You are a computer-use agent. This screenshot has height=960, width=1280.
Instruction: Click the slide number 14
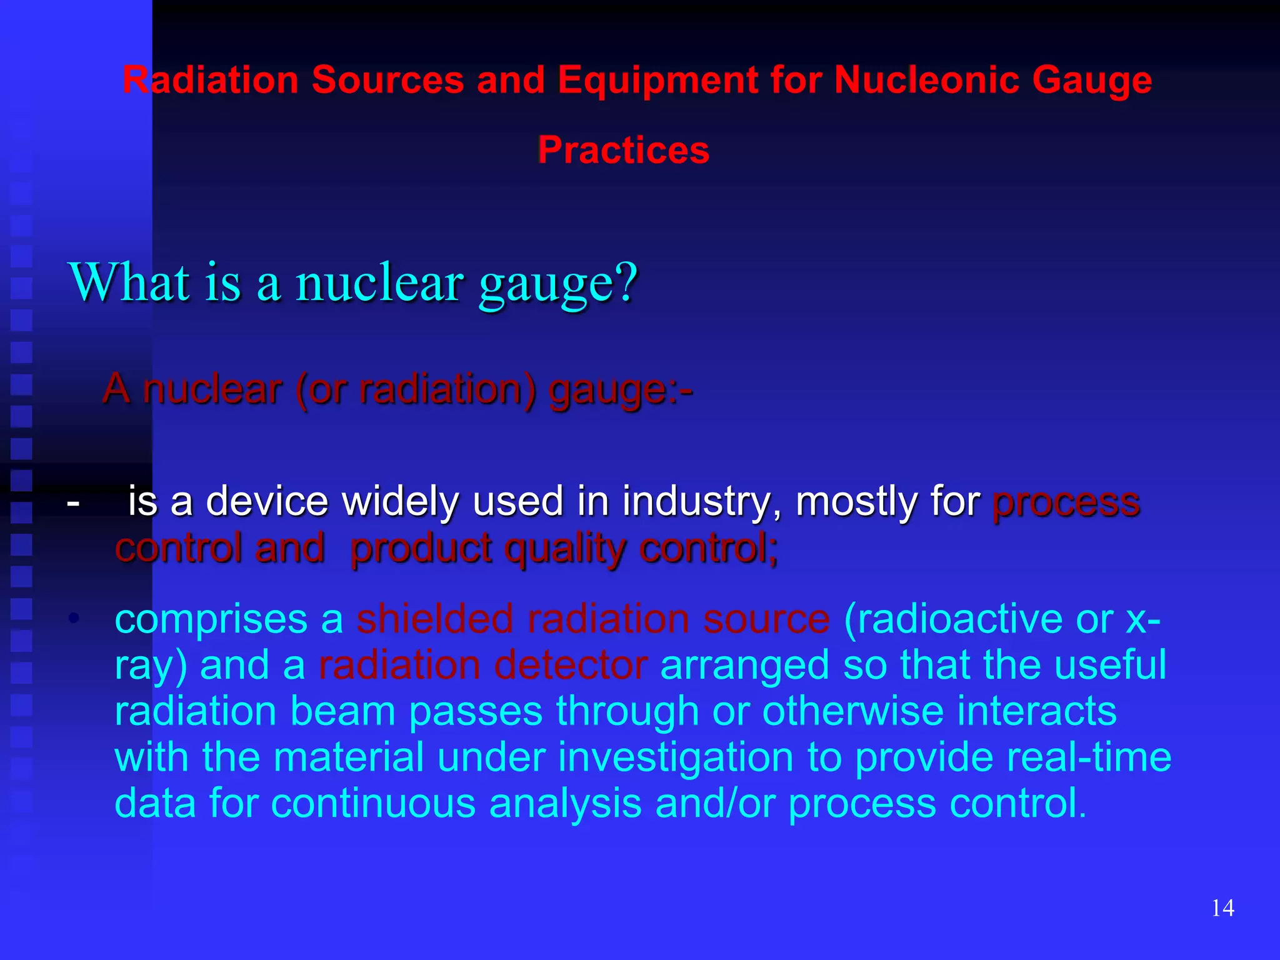(x=1222, y=907)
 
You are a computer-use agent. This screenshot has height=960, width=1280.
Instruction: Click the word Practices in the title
(x=623, y=151)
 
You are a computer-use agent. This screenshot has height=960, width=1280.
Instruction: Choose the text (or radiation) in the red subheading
(x=416, y=389)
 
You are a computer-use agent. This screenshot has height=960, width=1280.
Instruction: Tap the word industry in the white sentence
(x=701, y=501)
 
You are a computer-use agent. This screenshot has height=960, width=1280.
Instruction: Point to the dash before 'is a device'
(x=73, y=502)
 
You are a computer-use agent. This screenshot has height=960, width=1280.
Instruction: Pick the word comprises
(x=211, y=619)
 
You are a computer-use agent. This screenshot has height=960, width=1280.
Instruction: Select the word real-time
(x=1012, y=757)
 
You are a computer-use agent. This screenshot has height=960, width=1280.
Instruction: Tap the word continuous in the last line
(x=373, y=803)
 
